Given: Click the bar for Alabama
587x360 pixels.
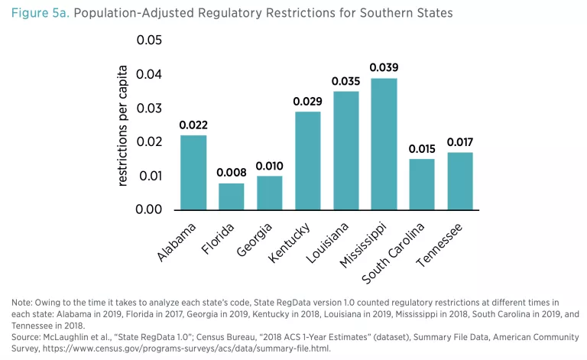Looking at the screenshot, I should (x=193, y=172).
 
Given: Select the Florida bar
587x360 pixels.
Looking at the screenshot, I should (x=232, y=196).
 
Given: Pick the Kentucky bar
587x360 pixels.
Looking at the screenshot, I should (x=307, y=161).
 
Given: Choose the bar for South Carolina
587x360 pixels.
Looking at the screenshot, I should (x=422, y=184).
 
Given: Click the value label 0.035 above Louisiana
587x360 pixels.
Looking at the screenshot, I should (x=345, y=80).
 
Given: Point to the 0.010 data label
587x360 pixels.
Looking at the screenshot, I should (x=270, y=165).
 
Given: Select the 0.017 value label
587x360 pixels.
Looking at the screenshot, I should (x=460, y=141).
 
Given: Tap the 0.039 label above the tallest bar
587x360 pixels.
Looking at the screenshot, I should (x=384, y=67).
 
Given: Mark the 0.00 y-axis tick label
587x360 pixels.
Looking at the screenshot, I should (x=150, y=209).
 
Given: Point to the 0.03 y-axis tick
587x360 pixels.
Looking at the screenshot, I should (x=150, y=109).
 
